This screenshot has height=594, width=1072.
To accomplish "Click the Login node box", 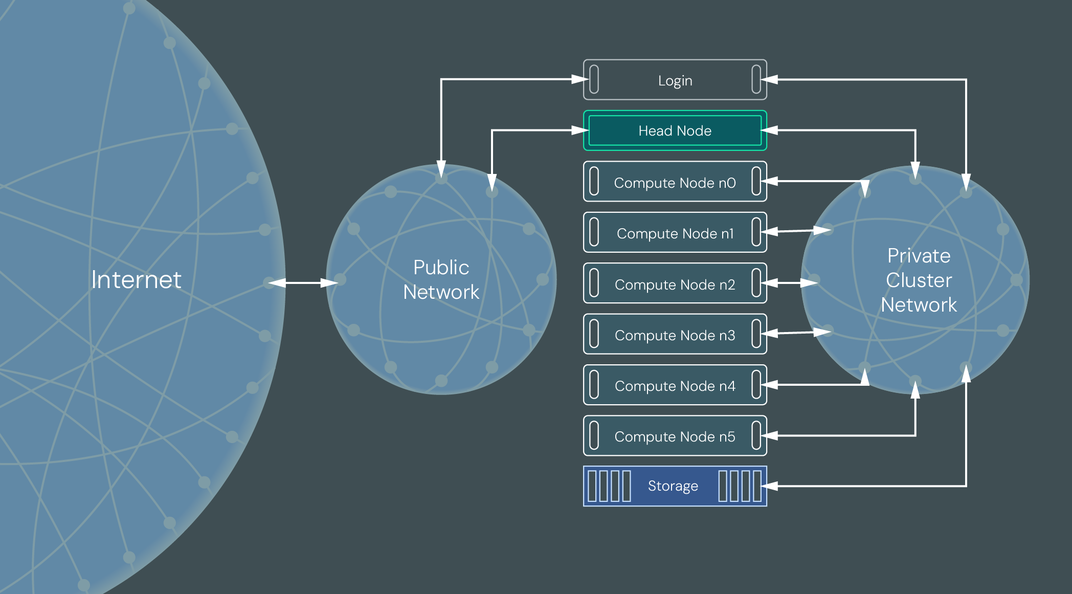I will point(675,80).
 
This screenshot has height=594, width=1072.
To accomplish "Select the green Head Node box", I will point(675,130).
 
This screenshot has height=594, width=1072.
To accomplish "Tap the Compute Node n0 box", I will point(675,182).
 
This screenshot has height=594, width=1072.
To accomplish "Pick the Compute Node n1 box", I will point(675,233).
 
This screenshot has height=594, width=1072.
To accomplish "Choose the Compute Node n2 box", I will point(675,284).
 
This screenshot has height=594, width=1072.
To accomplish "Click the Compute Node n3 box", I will point(675,335).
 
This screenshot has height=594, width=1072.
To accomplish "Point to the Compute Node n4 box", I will point(675,385).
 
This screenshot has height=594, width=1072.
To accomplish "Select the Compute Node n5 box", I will point(675,436).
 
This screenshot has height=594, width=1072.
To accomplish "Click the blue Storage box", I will point(674,486).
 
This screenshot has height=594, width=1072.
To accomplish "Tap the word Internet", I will point(136,280).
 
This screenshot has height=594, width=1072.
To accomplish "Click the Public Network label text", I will point(441,279).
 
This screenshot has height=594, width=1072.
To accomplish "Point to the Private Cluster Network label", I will point(919,280).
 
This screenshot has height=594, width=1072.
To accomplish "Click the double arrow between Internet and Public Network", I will point(303,282).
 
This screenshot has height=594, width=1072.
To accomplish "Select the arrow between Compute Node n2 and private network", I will point(790,282).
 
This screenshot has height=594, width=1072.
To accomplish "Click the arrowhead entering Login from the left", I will point(580,79).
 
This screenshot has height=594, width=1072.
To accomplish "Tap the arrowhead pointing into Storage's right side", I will point(770,486).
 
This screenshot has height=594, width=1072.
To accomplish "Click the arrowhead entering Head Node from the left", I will point(580,130).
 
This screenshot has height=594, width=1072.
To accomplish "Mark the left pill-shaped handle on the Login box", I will point(594,79).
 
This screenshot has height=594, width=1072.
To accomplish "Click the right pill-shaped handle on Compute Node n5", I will point(756,435).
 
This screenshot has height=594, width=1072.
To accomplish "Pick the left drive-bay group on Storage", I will point(609,486).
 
